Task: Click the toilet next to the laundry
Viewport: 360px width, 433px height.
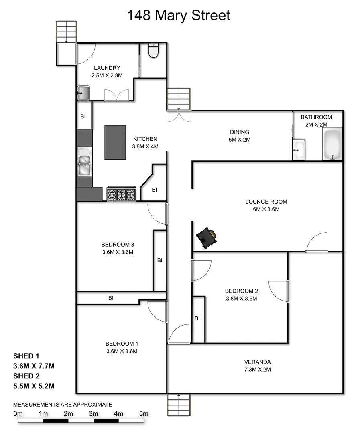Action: coord(153,51)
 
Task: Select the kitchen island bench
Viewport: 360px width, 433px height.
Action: coord(115,142)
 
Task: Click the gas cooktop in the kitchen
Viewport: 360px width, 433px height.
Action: coord(122,194)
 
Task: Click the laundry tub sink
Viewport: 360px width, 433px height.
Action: coord(83,93)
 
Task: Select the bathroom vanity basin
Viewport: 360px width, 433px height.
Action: coord(299,150)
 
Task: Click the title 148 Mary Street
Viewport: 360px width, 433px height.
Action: coord(179,16)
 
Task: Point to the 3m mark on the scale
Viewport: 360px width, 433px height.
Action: coord(94,413)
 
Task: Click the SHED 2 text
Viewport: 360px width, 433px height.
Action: coord(26,376)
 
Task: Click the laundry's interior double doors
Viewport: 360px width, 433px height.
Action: coord(116,95)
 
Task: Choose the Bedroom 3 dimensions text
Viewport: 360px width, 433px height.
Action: coord(118,252)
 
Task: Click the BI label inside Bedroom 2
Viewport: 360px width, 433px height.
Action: coord(197,318)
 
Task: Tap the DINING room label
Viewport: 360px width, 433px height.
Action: coord(240,132)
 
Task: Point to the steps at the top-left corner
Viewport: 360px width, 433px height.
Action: coord(66,31)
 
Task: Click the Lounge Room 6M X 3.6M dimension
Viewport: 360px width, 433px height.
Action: coord(266,209)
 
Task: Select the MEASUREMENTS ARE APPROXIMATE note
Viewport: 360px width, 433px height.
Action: coord(63,405)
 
